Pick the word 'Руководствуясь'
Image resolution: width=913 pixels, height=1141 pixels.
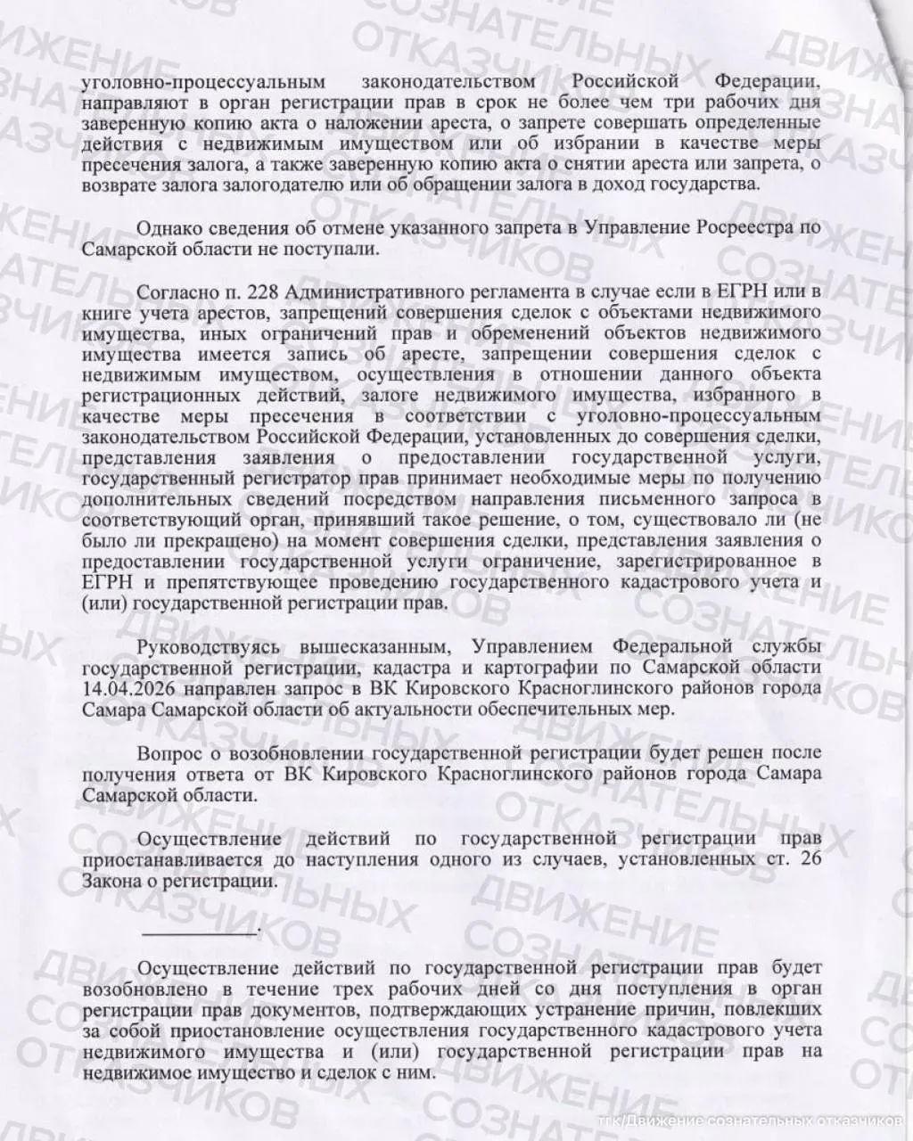(x=209, y=645)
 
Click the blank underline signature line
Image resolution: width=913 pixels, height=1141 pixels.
(x=200, y=932)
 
